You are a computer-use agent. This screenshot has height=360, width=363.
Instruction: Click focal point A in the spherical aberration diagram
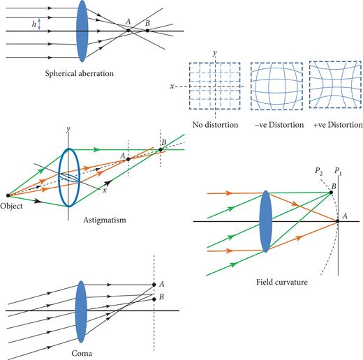coord(128,30)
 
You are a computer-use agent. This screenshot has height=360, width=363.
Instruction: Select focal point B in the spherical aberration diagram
coord(147,31)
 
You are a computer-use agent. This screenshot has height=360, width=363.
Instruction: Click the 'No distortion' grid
coord(213,87)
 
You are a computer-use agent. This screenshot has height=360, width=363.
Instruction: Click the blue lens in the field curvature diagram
coord(265,222)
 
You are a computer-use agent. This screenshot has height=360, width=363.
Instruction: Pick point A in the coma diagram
coord(154,285)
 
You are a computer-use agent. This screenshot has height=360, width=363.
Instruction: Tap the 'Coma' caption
coord(81,353)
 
